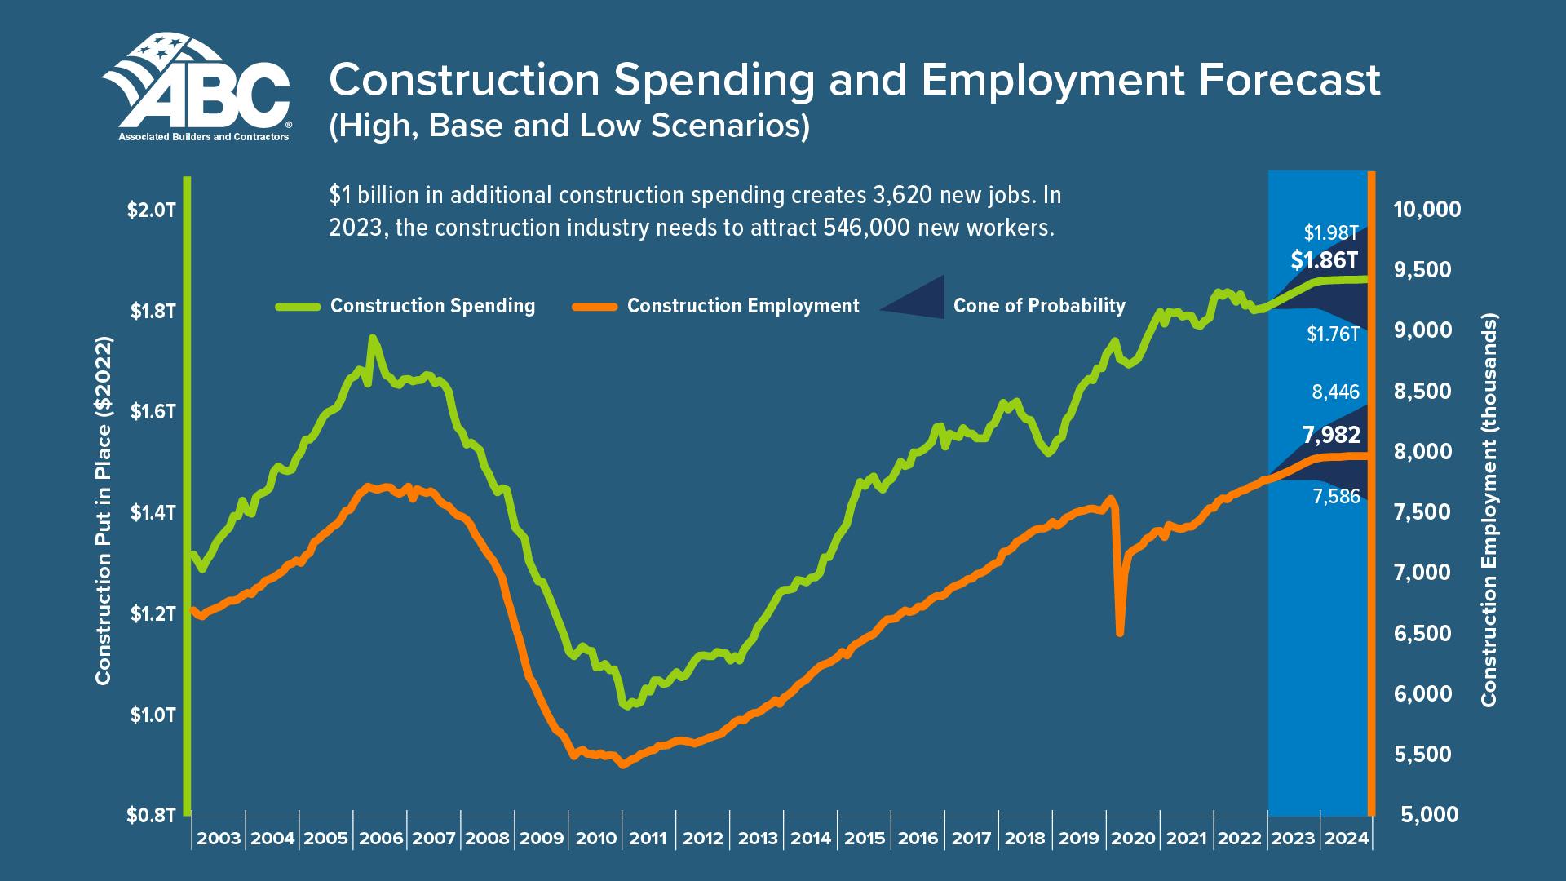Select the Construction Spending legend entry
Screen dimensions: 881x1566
(x=432, y=306)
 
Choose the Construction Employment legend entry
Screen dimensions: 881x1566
(x=742, y=306)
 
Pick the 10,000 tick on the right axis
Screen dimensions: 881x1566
(x=1427, y=210)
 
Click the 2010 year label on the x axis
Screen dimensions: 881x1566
(x=595, y=839)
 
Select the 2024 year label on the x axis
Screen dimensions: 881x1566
(x=1345, y=839)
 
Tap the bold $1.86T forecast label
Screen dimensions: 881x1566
(x=1325, y=261)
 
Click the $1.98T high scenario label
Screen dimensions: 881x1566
(x=1331, y=233)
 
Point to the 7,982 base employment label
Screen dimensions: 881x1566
(x=1331, y=435)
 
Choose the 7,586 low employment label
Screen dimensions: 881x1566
(x=1336, y=496)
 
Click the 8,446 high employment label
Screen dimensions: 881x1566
(x=1336, y=392)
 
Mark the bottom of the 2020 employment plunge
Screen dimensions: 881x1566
(x=1120, y=632)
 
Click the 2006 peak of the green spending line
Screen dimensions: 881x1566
(x=372, y=338)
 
